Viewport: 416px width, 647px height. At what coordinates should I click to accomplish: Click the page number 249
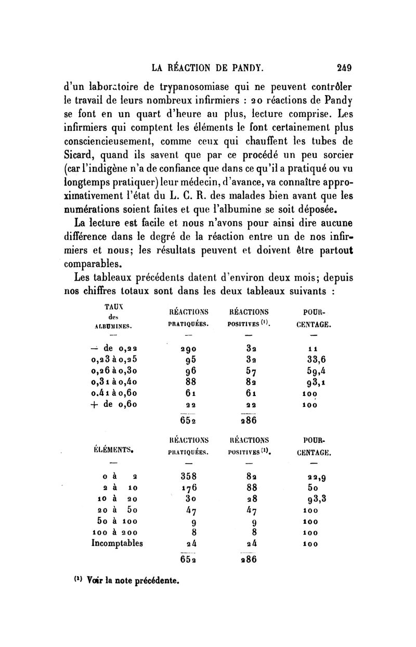tap(344, 67)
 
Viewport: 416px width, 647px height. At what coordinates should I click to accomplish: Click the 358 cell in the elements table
tap(188, 476)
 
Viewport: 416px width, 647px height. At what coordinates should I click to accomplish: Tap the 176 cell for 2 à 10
tap(188, 487)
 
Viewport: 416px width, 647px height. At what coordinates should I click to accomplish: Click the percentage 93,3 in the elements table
tap(317, 498)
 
